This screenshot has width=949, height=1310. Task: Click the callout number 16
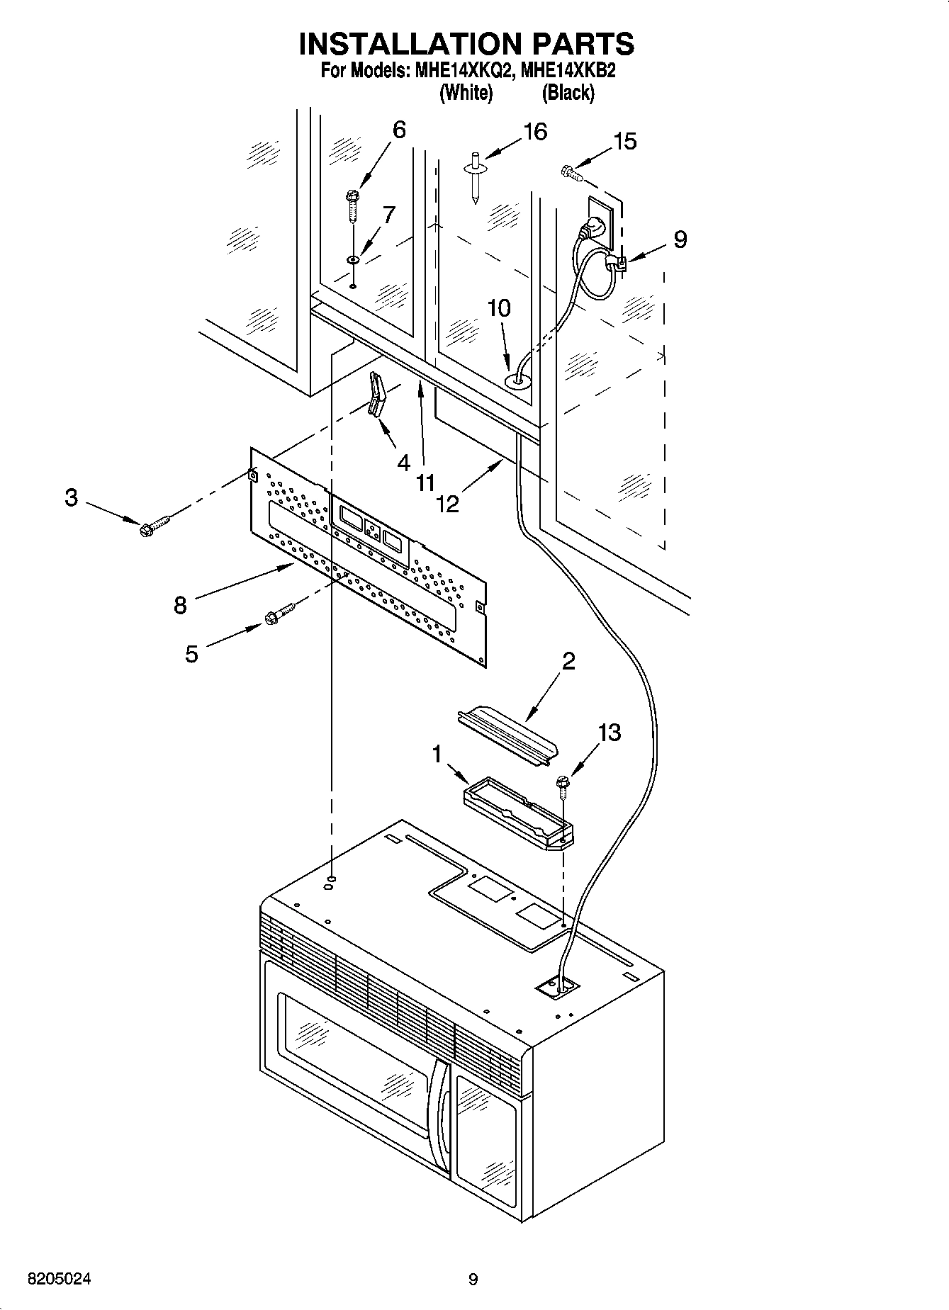click(x=535, y=132)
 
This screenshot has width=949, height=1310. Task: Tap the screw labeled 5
click(x=280, y=613)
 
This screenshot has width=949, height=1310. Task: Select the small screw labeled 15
click(x=571, y=170)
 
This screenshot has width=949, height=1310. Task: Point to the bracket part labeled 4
click(x=376, y=396)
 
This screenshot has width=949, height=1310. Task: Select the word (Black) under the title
click(x=568, y=93)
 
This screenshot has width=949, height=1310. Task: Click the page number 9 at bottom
click(x=473, y=1280)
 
